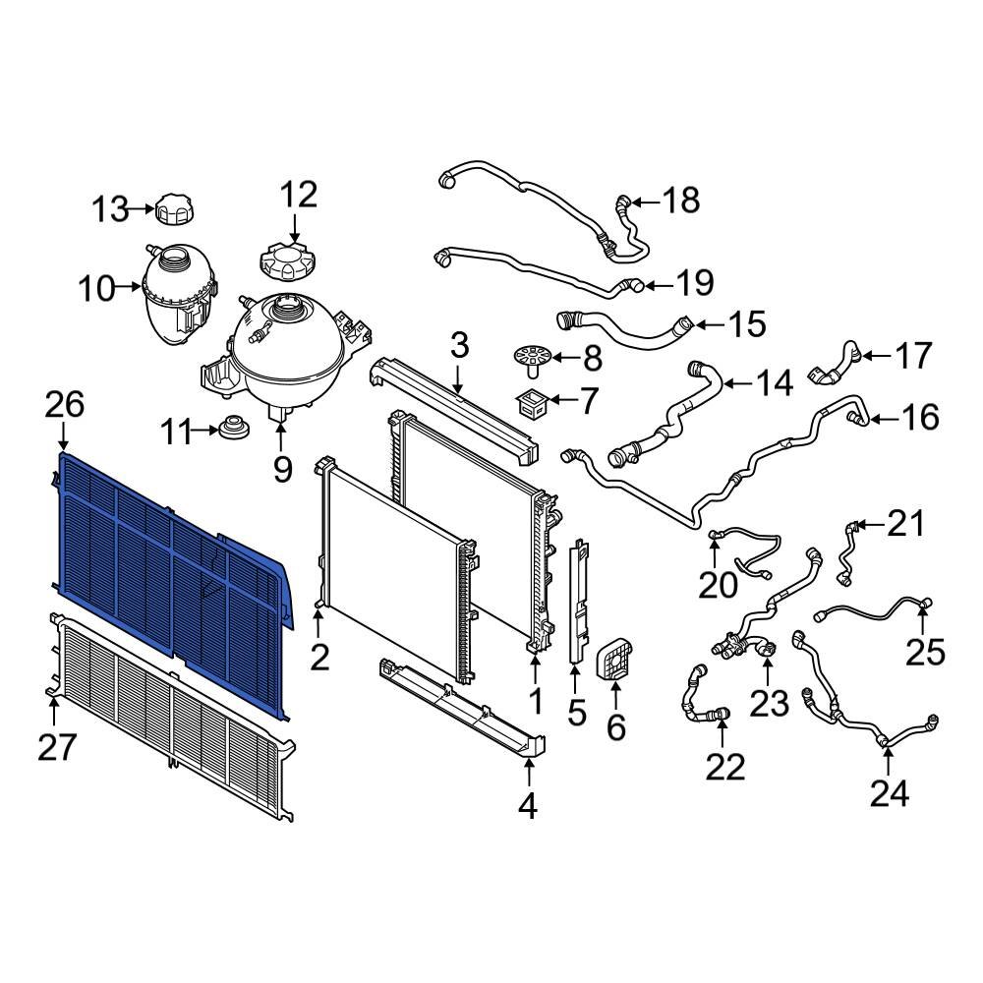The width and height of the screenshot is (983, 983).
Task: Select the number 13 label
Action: point(110,208)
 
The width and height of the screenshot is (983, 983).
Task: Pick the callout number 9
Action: point(282,470)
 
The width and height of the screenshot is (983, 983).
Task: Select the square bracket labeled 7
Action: point(532,401)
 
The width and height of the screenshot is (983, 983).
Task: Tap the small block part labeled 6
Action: point(614,665)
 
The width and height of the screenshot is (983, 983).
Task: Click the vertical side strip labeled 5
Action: point(577,600)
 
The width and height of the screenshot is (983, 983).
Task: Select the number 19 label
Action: point(694,284)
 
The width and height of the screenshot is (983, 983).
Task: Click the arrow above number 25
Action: point(924,619)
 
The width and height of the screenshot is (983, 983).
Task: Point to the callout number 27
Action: point(56,748)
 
